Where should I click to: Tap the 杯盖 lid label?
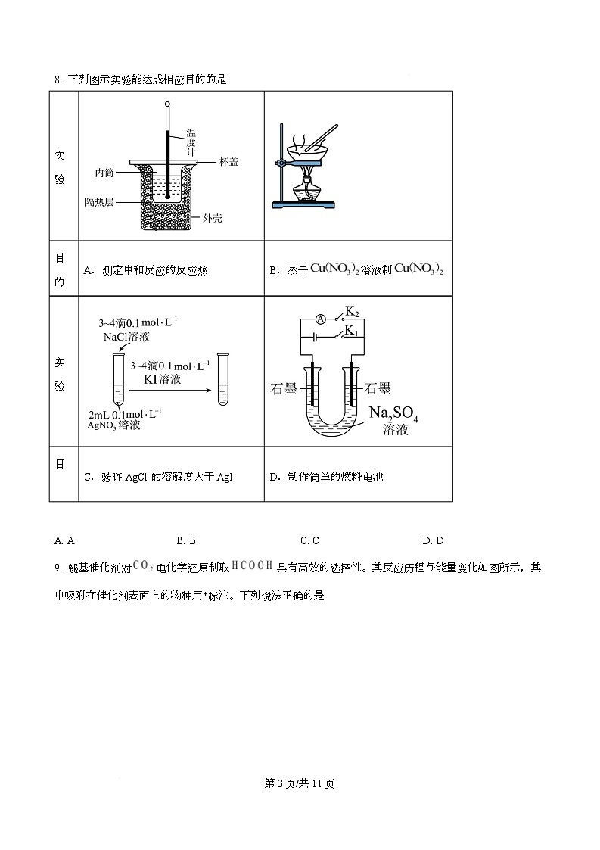pyautogui.click(x=228, y=161)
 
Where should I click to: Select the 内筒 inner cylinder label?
pyautogui.click(x=104, y=173)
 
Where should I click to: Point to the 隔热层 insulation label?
pyautogui.click(x=99, y=203)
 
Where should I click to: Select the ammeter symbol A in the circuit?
pyautogui.click(x=320, y=319)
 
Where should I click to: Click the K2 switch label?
pyautogui.click(x=352, y=311)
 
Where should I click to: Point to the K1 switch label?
pyautogui.click(x=352, y=331)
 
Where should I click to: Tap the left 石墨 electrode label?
pyautogui.click(x=283, y=389)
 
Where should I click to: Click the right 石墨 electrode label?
pyautogui.click(x=378, y=389)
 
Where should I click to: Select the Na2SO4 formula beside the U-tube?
pyautogui.click(x=393, y=414)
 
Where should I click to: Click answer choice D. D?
pyautogui.click(x=433, y=540)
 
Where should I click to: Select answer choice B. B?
pyautogui.click(x=186, y=540)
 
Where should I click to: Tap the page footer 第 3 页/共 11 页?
pyautogui.click(x=300, y=783)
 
